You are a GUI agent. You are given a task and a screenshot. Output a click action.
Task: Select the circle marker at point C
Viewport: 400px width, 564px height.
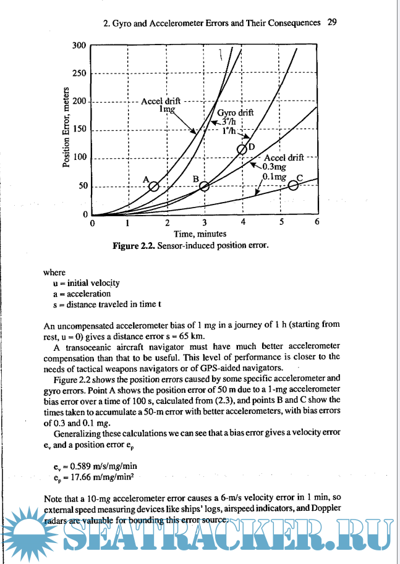point(294,186)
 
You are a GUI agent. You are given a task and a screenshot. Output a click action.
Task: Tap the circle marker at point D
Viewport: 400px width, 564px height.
point(243,149)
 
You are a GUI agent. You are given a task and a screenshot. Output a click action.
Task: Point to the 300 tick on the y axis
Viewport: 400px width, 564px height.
point(79,46)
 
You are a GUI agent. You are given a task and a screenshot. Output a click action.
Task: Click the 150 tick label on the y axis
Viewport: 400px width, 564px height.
point(79,130)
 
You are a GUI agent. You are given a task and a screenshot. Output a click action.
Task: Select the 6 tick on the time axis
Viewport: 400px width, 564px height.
point(317,222)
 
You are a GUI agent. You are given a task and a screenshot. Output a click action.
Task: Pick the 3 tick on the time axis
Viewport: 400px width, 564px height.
point(205,222)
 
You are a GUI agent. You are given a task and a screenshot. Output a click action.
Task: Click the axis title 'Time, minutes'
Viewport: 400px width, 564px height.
point(200,234)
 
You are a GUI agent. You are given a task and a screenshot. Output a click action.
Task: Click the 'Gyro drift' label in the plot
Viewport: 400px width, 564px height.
point(236,113)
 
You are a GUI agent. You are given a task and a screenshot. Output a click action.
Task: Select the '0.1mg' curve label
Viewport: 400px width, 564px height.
point(274,177)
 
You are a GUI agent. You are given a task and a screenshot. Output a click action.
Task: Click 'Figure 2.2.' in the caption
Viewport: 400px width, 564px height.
point(134,246)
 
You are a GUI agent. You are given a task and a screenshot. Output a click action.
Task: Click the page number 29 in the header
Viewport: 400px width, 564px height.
point(332,23)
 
